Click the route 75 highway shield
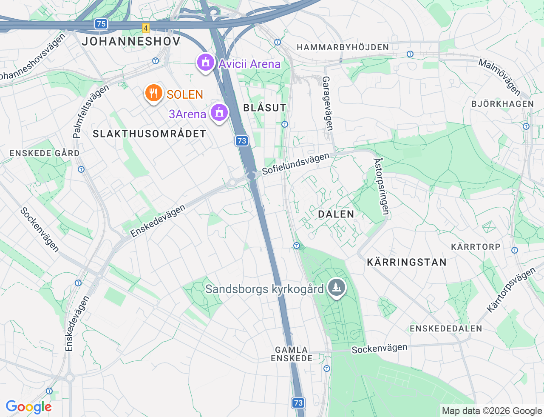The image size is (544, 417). click(101, 24)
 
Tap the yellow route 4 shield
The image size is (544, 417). click(146, 28)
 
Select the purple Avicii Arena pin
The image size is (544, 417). click(206, 63)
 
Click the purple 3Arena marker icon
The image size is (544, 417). click(219, 113)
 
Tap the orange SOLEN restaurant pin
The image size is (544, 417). click(153, 94)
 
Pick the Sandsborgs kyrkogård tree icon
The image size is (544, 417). click(337, 288)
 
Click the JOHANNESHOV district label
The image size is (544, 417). click(131, 41)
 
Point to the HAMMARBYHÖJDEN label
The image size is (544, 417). click(343, 47)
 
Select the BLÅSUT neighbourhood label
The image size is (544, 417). click(265, 108)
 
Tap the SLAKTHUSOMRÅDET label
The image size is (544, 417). click(150, 134)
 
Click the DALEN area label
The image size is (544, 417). click(336, 214)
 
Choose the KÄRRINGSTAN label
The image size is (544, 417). click(407, 262)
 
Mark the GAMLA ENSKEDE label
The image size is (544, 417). click(292, 354)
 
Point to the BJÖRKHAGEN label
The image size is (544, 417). click(503, 104)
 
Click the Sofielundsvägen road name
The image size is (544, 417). click(296, 164)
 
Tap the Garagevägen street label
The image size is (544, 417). click(327, 103)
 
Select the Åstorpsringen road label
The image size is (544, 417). click(381, 186)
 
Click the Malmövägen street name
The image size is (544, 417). click(500, 77)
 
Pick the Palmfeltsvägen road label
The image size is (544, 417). click(91, 111)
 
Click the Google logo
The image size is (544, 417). click(28, 407)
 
